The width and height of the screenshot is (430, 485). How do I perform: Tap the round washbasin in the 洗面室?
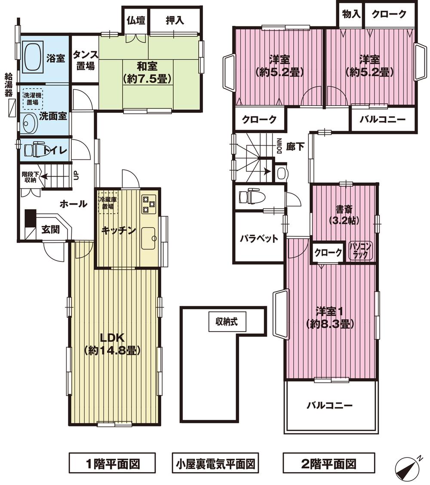29,123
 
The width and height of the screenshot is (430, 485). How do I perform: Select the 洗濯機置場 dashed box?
32,98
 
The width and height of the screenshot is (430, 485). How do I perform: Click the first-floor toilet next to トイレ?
34,150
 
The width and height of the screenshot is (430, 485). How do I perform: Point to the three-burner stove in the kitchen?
149,204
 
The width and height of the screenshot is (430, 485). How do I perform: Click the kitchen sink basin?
149,238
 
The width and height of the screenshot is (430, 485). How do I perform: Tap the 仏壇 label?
136,20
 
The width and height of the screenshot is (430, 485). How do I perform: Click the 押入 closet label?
175,20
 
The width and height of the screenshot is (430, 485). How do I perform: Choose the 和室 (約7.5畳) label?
147,73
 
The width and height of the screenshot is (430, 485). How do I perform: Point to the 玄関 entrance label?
50,230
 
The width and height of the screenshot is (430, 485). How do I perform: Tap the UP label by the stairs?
76,175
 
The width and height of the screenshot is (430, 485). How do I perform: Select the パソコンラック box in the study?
361,250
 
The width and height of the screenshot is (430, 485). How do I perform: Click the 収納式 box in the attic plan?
227,322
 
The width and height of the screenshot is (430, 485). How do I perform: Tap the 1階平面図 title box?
112,463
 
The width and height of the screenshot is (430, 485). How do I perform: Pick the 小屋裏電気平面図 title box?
215,463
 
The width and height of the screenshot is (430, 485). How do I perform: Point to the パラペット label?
259,238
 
